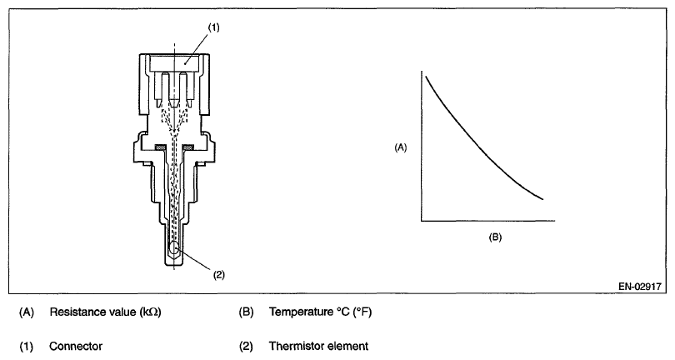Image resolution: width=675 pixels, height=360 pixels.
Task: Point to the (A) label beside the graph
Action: [x=401, y=147]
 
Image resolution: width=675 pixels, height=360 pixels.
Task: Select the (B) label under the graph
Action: [x=494, y=237]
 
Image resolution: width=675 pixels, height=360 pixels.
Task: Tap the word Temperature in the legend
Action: [x=297, y=313]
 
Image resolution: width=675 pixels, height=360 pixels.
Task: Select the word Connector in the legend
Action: [x=73, y=345]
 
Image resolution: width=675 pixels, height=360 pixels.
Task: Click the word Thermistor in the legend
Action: [x=294, y=345]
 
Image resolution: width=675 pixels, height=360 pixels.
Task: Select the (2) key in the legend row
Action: [x=245, y=345]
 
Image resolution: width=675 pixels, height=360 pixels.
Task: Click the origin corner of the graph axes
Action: [x=422, y=222]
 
